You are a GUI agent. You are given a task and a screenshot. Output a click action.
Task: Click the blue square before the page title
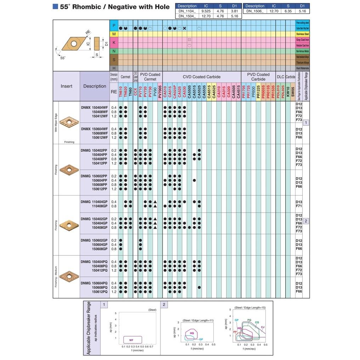click(55, 6)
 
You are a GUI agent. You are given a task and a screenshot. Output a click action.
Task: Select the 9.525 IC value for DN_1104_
click(206, 11)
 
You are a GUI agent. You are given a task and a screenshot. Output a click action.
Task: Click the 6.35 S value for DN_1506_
click(288, 11)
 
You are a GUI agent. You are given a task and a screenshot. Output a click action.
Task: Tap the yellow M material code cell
click(114, 34)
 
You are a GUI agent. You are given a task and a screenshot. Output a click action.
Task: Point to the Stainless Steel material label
click(302, 34)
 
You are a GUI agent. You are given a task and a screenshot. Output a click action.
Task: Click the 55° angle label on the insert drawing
click(62, 58)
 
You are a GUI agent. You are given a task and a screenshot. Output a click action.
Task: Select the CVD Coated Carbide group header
click(201, 77)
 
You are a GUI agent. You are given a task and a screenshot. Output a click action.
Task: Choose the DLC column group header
click(280, 77)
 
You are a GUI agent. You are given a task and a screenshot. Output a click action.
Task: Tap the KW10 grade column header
click(288, 91)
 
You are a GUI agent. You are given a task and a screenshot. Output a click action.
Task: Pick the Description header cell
click(95, 86)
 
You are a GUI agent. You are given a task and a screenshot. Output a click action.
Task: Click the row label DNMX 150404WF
click(94, 107)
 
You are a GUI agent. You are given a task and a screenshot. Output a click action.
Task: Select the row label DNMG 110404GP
click(94, 202)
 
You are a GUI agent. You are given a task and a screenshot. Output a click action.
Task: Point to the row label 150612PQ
click(100, 292)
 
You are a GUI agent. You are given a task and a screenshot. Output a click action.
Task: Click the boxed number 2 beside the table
click(306, 221)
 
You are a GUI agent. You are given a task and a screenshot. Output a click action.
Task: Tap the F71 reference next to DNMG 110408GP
click(299, 206)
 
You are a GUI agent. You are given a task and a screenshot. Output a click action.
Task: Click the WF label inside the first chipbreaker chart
click(131, 340)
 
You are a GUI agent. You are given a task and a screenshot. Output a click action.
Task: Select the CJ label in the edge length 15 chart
click(262, 327)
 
